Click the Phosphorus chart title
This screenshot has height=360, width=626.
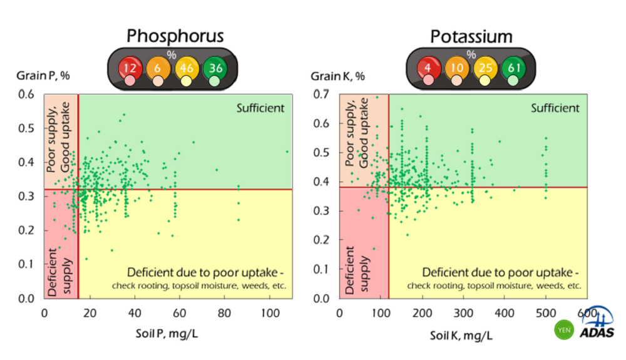coord(175,36)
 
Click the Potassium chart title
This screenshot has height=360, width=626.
coord(471,36)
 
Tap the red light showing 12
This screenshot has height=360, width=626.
coord(130,66)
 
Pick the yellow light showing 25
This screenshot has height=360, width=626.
coord(485,66)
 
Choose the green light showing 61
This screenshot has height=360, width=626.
coord(513,66)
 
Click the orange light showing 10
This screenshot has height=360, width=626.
coord(457,66)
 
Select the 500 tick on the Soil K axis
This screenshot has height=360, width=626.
coord(546,312)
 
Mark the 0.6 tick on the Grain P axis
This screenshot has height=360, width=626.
coord(26,95)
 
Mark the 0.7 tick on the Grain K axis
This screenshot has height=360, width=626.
coord(322,95)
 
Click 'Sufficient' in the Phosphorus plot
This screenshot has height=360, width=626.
coord(260,108)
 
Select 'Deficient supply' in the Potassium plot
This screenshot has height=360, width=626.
coord(356,270)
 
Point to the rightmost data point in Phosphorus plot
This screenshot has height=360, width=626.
coord(287,152)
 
